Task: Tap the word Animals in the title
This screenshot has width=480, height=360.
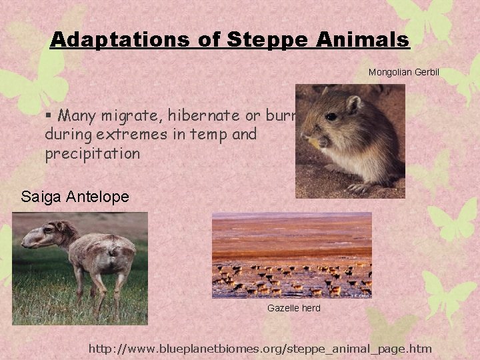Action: coord(363,40)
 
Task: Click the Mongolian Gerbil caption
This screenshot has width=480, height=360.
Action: coord(404,71)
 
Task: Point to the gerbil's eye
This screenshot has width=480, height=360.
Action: coord(331,116)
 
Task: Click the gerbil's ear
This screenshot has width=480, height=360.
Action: coord(353,104)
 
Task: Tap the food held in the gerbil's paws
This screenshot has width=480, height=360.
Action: coord(312,141)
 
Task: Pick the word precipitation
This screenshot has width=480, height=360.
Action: coord(93,153)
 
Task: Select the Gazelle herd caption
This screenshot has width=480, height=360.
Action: coord(293,308)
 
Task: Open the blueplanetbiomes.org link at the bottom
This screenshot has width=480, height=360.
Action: coord(260,348)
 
